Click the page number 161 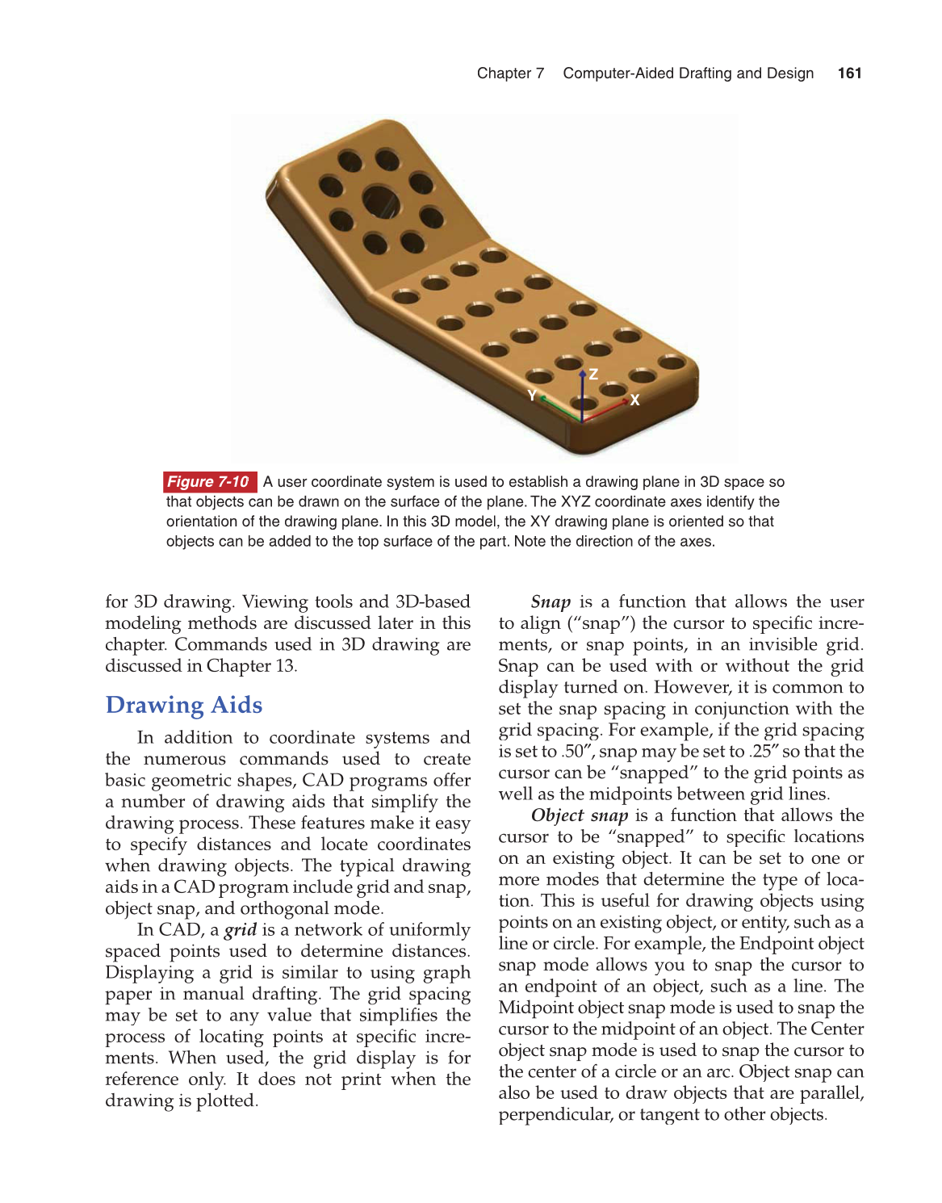[x=849, y=73]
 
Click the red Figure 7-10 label [x=208, y=482]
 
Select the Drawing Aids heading [x=184, y=705]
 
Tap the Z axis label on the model [x=593, y=374]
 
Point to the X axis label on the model [x=635, y=400]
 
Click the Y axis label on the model [x=532, y=395]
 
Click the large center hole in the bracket [x=381, y=201]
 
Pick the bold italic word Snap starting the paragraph [x=551, y=602]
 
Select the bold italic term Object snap [x=580, y=815]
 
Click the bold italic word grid [x=241, y=930]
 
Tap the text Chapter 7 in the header [x=510, y=73]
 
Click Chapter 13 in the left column [x=251, y=666]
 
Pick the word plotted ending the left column [x=226, y=1101]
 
